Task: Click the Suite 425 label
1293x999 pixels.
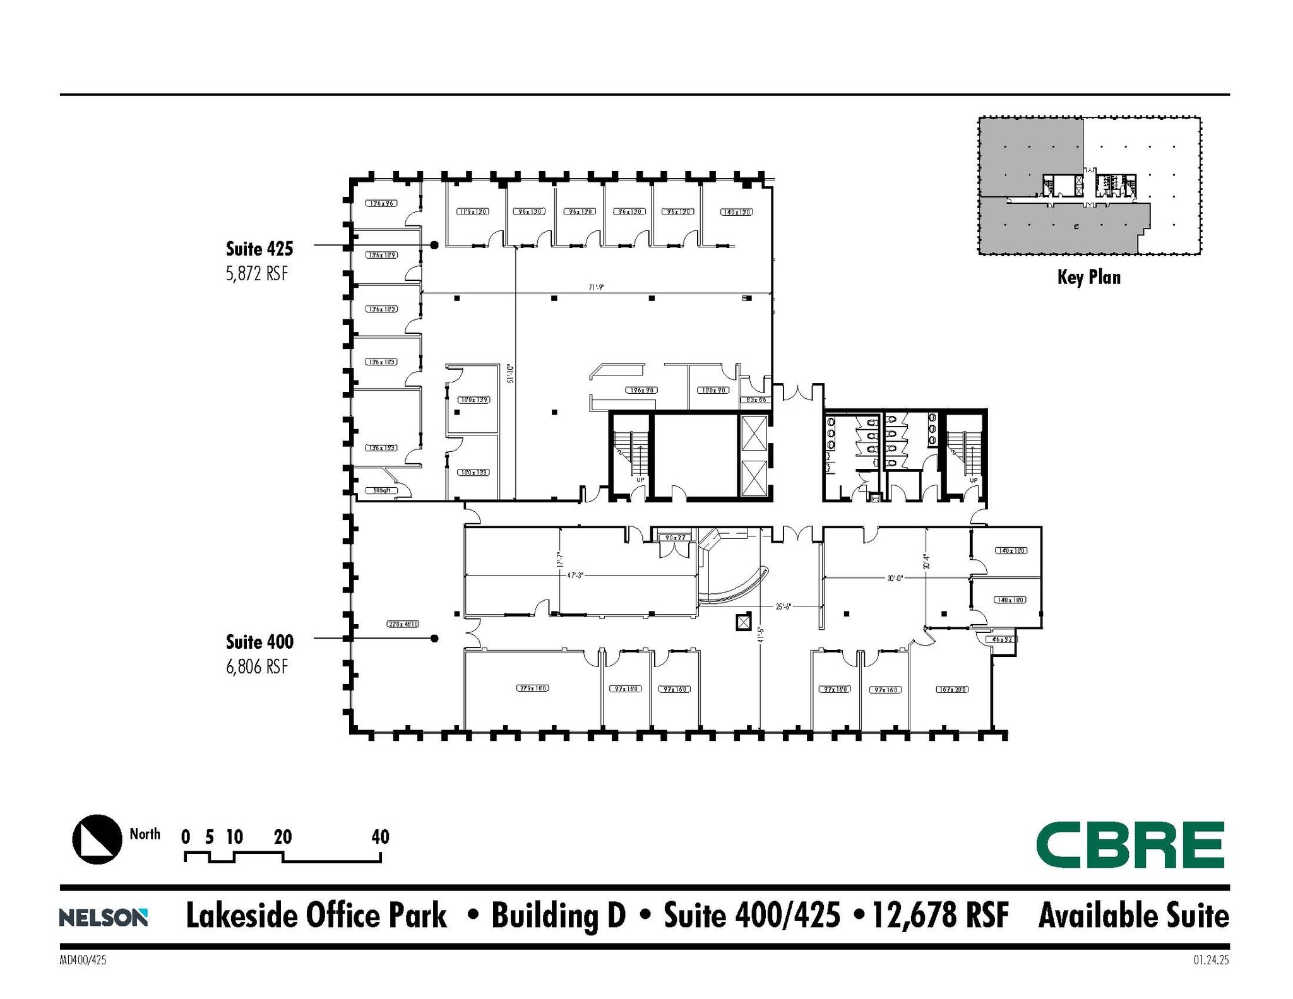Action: (259, 249)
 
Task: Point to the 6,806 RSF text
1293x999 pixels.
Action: (257, 666)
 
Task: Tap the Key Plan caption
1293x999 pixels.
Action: (1089, 277)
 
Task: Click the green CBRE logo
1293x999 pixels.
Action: (1130, 845)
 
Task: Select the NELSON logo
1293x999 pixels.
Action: (104, 918)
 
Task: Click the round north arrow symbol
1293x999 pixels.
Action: (97, 839)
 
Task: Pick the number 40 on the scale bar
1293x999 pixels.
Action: (380, 837)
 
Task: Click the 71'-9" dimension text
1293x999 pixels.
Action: (597, 288)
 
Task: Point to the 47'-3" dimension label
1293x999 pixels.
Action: (575, 576)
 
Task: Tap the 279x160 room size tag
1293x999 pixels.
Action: (533, 688)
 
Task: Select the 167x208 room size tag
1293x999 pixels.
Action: (951, 689)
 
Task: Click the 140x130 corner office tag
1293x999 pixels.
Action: (736, 212)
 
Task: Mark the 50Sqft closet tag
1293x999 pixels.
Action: (382, 490)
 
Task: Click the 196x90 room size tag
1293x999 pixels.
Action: (641, 390)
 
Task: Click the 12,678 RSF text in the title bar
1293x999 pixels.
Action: (940, 916)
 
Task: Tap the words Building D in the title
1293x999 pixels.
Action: (558, 916)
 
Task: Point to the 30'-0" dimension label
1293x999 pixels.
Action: (895, 577)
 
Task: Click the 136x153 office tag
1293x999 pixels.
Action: (382, 447)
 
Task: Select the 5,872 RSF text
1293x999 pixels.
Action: (257, 275)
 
